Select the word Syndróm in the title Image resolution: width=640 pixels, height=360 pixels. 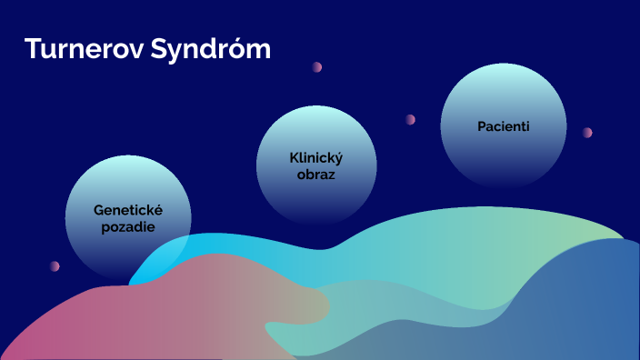[215, 50]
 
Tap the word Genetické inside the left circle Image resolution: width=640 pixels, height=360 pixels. [127, 209]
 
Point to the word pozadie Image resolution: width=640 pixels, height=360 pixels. [127, 225]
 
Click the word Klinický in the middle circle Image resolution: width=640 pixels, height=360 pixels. [315, 157]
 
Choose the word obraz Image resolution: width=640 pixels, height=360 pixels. [315, 174]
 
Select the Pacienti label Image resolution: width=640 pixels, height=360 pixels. [503, 125]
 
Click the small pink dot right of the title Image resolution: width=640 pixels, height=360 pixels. [317, 67]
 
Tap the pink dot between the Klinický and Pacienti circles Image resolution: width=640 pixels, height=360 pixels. [410, 119]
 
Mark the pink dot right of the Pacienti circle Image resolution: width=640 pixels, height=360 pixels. [587, 132]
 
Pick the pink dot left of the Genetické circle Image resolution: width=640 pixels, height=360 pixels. [55, 266]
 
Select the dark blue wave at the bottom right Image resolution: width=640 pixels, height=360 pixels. [582, 309]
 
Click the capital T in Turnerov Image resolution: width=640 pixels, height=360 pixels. [32, 49]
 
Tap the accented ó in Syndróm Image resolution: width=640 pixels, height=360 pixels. [240, 49]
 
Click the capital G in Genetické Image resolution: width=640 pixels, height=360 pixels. [98, 209]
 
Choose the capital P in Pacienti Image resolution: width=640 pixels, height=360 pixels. [481, 125]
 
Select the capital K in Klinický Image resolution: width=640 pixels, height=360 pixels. [292, 157]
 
